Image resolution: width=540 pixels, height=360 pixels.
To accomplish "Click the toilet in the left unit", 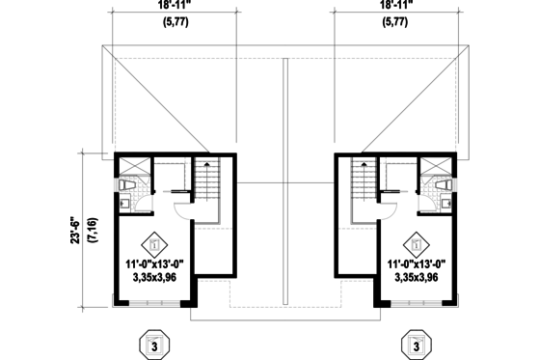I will [126, 184].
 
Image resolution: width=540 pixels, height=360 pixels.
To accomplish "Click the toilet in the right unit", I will [444, 184].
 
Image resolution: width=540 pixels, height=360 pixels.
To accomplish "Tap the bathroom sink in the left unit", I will [125, 203].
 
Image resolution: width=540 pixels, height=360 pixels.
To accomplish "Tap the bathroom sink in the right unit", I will [445, 203].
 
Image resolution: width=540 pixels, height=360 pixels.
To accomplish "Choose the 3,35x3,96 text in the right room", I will [416, 277].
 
